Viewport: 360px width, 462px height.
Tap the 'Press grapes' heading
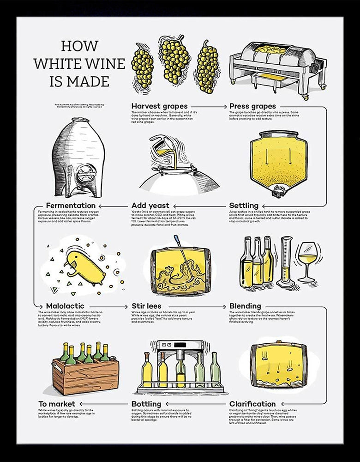[252, 106]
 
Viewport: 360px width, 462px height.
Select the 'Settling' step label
[244, 205]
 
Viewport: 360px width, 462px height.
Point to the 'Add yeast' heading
[150, 205]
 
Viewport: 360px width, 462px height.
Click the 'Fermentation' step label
[71, 205]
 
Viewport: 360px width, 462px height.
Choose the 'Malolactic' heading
[65, 306]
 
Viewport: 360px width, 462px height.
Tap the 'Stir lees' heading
[147, 306]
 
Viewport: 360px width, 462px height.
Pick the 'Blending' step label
[245, 306]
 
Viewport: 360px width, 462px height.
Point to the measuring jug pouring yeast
[160, 147]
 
